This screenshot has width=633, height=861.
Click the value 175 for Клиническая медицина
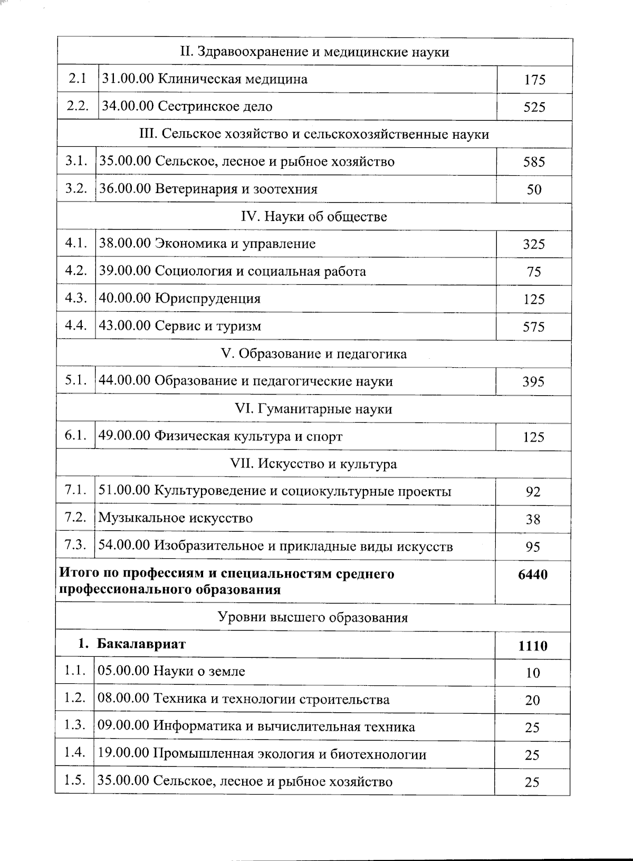[x=534, y=80]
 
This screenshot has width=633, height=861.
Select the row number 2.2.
[x=78, y=106]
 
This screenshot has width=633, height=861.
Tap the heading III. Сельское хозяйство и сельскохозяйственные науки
[x=314, y=134]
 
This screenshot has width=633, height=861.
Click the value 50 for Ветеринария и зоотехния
[x=534, y=190]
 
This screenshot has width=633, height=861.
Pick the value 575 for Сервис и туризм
[x=533, y=327]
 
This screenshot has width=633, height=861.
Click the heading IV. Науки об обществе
[x=314, y=216]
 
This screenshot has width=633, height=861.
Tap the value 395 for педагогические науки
[x=533, y=382]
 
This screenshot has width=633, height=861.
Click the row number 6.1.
[x=75, y=436]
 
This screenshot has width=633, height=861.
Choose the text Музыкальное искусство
[x=175, y=518]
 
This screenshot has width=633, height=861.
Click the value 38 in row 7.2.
[x=533, y=520]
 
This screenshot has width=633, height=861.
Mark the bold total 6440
[x=533, y=575]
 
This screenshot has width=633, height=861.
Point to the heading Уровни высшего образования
[x=313, y=617]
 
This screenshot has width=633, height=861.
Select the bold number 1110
[x=533, y=646]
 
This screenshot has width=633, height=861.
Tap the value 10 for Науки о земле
[x=533, y=673]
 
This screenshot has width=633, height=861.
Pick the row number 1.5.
[x=75, y=781]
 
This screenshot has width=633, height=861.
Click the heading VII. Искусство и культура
[x=314, y=464]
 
